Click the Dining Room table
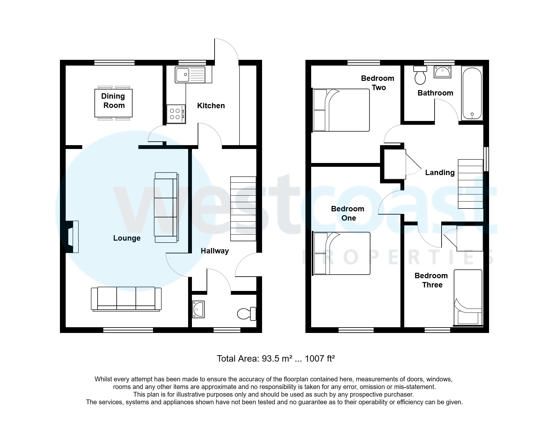[113, 103]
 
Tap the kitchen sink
[190, 75]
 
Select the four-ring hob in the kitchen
[176, 114]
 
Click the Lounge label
[127, 238]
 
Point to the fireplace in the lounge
[72, 237]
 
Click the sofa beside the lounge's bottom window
[126, 299]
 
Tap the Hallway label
[215, 251]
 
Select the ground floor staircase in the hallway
[243, 209]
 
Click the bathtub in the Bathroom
[472, 93]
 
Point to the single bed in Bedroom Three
[468, 298]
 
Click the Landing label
[440, 173]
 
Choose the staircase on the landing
[470, 184]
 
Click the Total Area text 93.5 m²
[276, 359]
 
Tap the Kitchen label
[211, 106]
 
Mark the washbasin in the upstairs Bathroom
[442, 72]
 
